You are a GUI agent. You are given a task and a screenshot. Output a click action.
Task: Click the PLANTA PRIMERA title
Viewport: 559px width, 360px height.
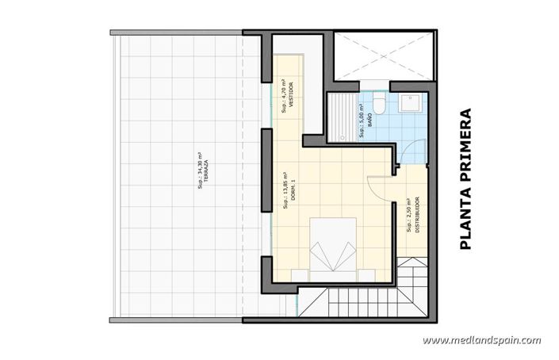click(x=465, y=179)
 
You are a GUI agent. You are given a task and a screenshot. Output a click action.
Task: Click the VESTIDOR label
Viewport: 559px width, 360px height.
click(x=291, y=95)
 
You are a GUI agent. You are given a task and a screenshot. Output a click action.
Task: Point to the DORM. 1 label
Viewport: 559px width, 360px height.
click(x=293, y=188)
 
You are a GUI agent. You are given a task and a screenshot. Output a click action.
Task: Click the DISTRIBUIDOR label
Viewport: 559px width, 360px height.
click(x=417, y=213)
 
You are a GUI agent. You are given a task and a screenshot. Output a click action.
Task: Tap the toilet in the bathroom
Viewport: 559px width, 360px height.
click(x=379, y=104)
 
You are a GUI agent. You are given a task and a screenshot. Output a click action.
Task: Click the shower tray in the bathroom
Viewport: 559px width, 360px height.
click(x=342, y=117)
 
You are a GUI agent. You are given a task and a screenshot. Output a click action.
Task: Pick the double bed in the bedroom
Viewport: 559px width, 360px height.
click(x=333, y=248)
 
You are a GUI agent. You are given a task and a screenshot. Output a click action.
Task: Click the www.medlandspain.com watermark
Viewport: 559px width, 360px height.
click(x=481, y=341)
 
